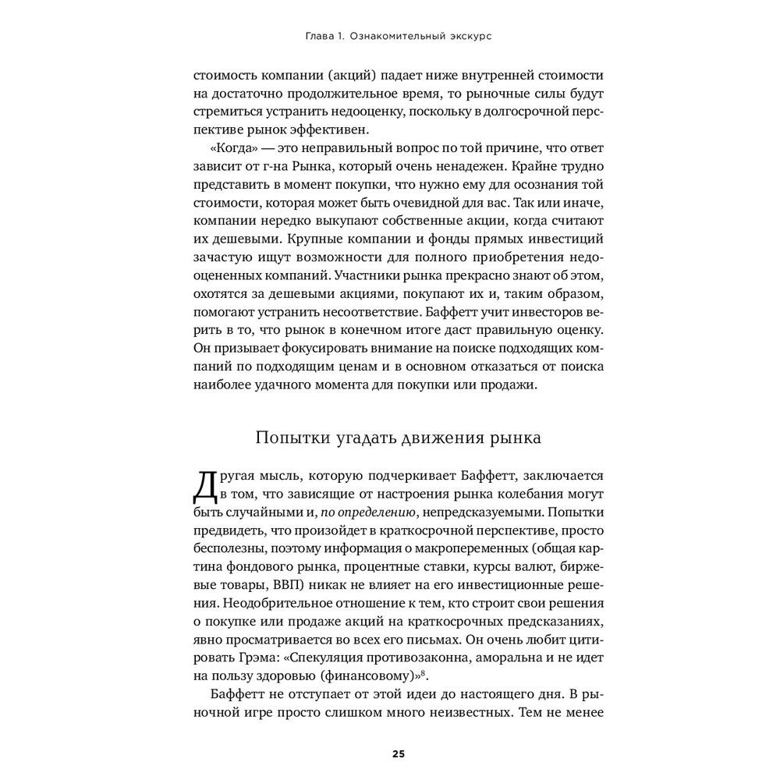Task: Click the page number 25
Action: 398,753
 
